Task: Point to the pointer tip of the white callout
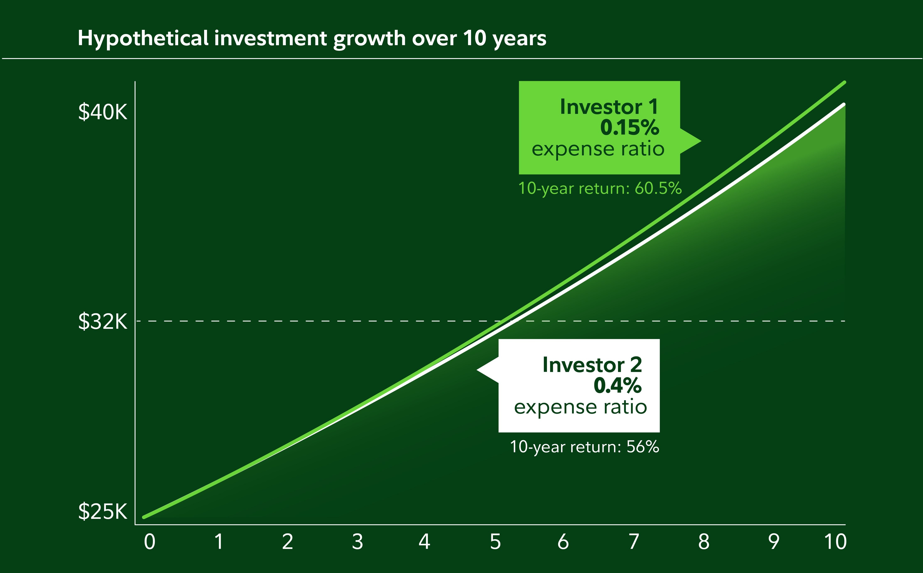[477, 369]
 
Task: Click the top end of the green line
[845, 82]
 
